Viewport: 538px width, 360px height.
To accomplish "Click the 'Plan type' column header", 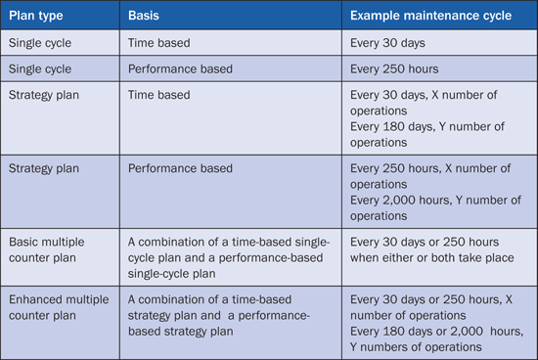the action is pyautogui.click(x=36, y=16).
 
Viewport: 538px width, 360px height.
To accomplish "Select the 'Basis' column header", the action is pyautogui.click(x=144, y=16).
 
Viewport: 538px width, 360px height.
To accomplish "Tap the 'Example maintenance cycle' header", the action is pyautogui.click(x=430, y=16).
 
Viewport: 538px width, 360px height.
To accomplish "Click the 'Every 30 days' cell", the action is pyautogui.click(x=387, y=43).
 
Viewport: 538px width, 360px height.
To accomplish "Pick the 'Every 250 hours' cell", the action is pyautogui.click(x=394, y=69).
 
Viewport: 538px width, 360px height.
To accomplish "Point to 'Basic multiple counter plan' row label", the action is pyautogui.click(x=47, y=249).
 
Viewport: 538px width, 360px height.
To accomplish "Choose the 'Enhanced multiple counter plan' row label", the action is pyautogui.click(x=59, y=307).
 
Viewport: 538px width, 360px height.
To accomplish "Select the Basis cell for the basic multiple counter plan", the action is pyautogui.click(x=229, y=257).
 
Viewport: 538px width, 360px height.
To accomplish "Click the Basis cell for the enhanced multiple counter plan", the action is pyautogui.click(x=219, y=315).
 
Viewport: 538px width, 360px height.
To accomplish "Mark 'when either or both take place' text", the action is pyautogui.click(x=432, y=257).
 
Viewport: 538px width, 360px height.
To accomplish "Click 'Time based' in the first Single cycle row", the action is pyautogui.click(x=158, y=43).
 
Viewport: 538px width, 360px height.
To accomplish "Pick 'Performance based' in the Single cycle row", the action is pyautogui.click(x=180, y=69).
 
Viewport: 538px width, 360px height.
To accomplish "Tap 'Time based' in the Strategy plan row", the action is pyautogui.click(x=158, y=95).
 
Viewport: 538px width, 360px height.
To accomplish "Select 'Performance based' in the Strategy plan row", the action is pyautogui.click(x=180, y=168).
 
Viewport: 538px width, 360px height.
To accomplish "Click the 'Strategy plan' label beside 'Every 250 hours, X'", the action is pyautogui.click(x=44, y=168).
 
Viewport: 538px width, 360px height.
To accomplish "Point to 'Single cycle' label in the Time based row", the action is pyautogui.click(x=40, y=43).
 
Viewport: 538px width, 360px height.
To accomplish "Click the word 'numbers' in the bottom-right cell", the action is pyautogui.click(x=383, y=347).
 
